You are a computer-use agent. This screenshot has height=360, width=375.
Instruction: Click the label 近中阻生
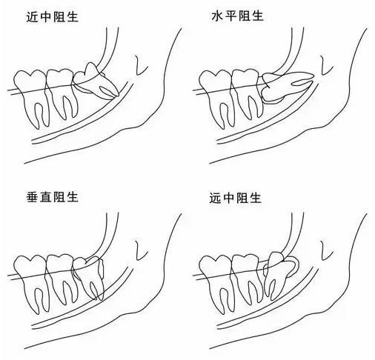[53, 17]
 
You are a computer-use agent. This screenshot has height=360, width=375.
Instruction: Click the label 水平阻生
[237, 16]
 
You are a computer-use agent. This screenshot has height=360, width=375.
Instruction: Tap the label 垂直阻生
[53, 198]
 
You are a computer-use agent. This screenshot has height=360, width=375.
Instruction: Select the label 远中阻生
[235, 198]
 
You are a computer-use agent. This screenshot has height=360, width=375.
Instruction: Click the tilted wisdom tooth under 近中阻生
[95, 80]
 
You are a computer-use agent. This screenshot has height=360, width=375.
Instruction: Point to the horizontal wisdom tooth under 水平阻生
[284, 87]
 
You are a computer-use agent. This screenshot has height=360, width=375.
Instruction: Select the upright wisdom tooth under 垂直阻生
[89, 276]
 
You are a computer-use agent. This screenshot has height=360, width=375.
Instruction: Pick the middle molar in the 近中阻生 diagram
[62, 93]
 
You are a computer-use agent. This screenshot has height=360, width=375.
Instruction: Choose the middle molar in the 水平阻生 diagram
[247, 93]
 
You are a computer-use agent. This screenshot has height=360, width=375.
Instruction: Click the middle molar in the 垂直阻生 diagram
[62, 278]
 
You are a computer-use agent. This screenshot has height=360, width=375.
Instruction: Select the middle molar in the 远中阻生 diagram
[247, 278]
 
